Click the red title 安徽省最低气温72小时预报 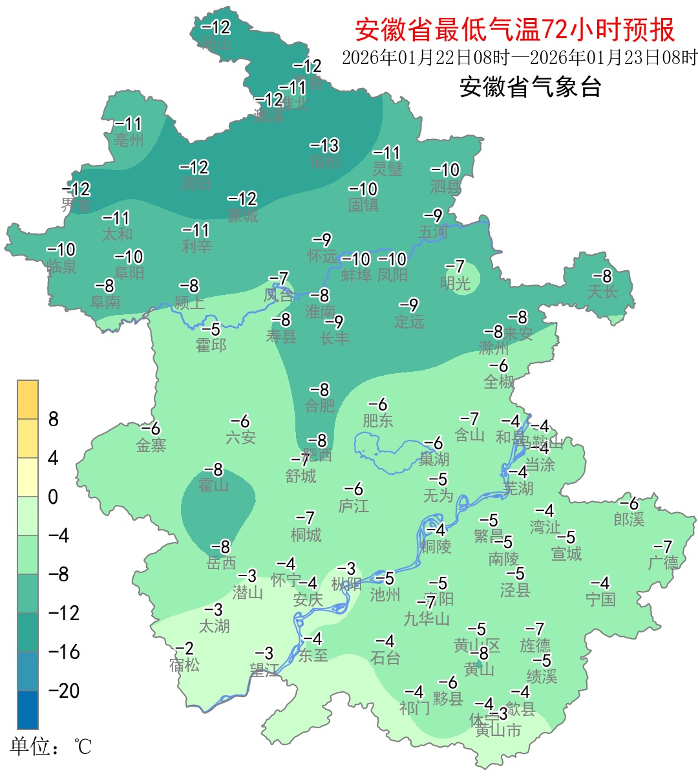point(514,30)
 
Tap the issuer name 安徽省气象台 point(530,87)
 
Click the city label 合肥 point(320,406)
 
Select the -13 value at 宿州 point(324,145)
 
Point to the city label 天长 point(602,292)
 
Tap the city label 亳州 point(129,140)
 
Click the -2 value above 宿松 point(185,649)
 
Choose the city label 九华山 point(427,619)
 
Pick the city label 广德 point(663,563)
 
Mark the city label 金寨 point(151,445)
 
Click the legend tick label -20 point(64,691)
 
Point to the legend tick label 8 point(54,420)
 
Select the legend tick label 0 point(54,497)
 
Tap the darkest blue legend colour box point(28,709)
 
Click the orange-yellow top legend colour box point(28,400)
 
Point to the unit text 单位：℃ point(51,747)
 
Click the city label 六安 point(240,438)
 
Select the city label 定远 point(410,321)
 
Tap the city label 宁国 point(600,599)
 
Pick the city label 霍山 point(213,485)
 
